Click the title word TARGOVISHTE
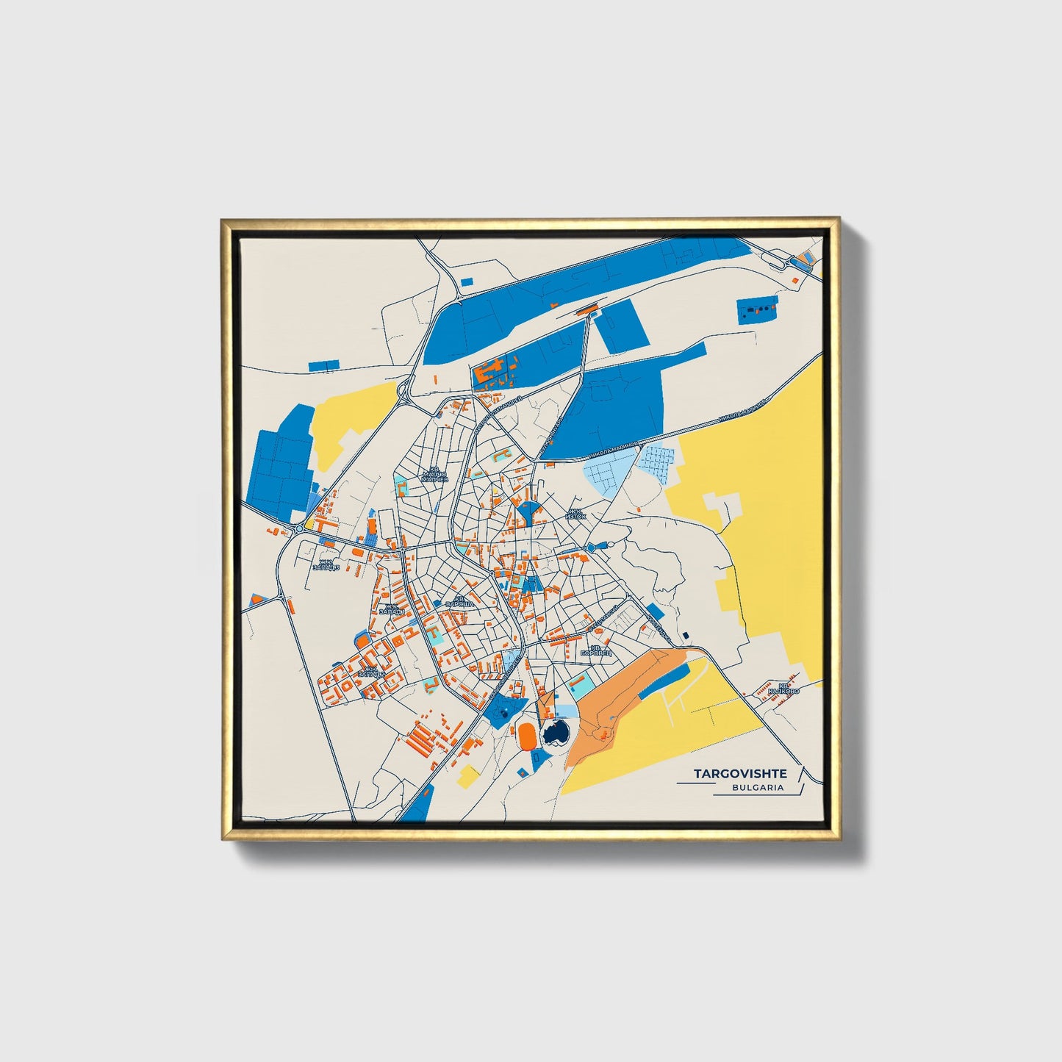coord(740,774)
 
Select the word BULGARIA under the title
coord(757,787)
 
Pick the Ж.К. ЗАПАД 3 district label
coord(326,564)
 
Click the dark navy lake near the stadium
coord(554,732)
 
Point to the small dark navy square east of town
coord(685,636)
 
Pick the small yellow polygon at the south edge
coord(467,776)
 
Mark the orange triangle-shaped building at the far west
coord(256,598)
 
